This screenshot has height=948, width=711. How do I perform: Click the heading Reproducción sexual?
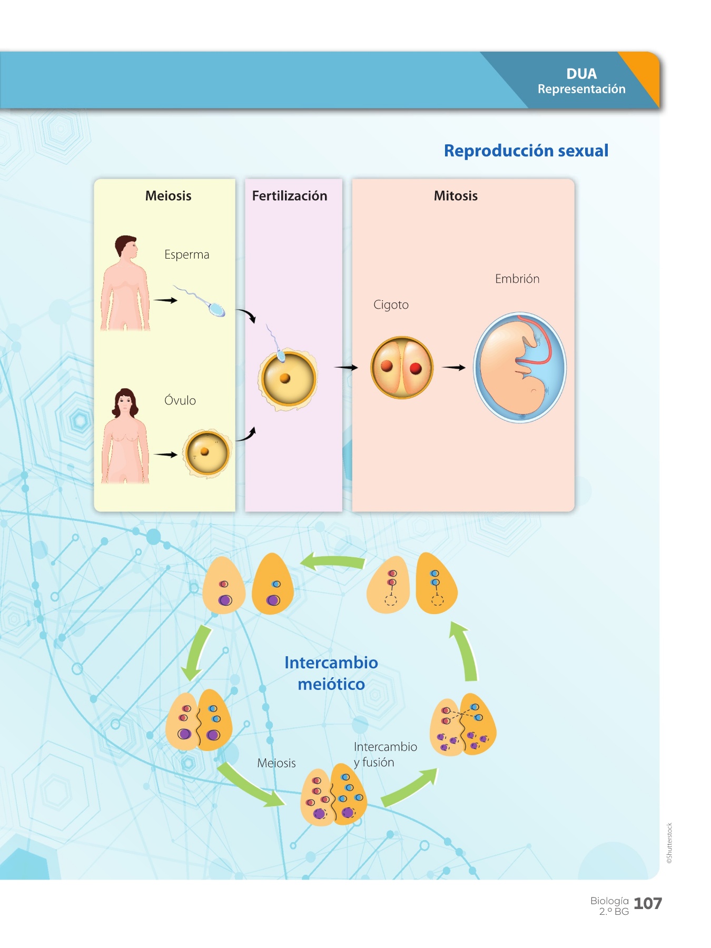(526, 151)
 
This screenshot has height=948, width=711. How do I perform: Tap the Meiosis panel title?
(168, 196)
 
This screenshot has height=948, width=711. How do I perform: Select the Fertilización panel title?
(289, 196)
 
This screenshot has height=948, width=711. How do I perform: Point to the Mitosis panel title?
(456, 196)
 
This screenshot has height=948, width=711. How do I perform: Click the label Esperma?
(186, 255)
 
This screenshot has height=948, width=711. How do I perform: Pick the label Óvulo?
(180, 401)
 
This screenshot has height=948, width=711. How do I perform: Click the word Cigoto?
(391, 305)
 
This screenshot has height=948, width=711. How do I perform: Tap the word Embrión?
(517, 279)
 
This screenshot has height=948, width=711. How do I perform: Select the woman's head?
(125, 403)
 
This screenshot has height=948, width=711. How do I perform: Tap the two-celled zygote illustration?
(402, 367)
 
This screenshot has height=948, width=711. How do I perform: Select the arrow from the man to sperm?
(165, 300)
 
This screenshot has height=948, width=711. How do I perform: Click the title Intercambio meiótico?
(331, 673)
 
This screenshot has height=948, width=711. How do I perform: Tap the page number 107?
(647, 904)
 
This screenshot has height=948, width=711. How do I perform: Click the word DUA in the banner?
(581, 74)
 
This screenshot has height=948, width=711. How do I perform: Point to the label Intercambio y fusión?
(384, 754)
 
